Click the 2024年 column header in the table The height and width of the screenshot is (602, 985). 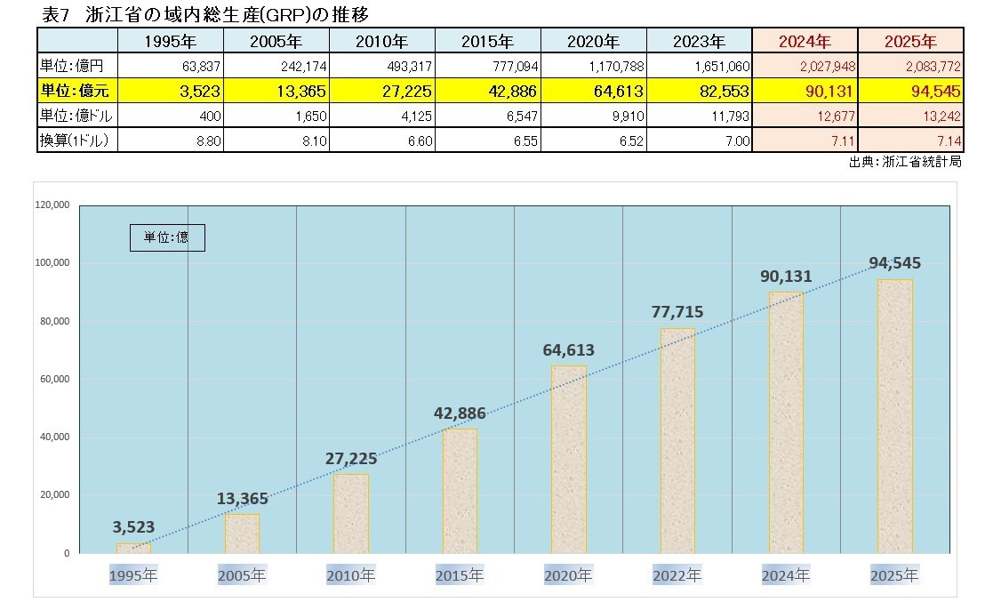[x=805, y=41]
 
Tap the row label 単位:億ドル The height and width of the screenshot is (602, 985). [x=76, y=115]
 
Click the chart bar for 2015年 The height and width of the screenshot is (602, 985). [x=460, y=491]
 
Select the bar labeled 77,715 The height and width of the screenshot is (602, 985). [x=677, y=440]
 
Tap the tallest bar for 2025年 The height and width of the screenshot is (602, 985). [x=894, y=416]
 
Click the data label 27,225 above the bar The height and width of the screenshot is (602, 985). [x=350, y=459]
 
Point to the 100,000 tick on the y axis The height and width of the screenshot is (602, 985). [x=52, y=263]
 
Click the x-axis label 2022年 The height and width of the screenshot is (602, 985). [x=677, y=575]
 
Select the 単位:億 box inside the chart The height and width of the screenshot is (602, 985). [x=166, y=237]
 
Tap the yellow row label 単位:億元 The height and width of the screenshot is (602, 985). [x=76, y=90]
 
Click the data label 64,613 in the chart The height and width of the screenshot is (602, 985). [x=568, y=349]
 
